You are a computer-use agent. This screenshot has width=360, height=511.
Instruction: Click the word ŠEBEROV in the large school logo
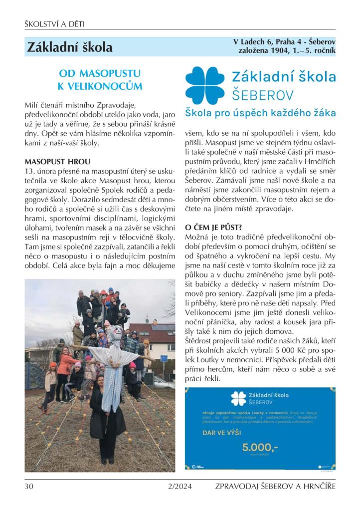point(263,95)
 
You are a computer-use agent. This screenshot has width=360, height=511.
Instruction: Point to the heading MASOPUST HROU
point(57,162)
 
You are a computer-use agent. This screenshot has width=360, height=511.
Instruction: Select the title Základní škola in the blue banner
point(70,47)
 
